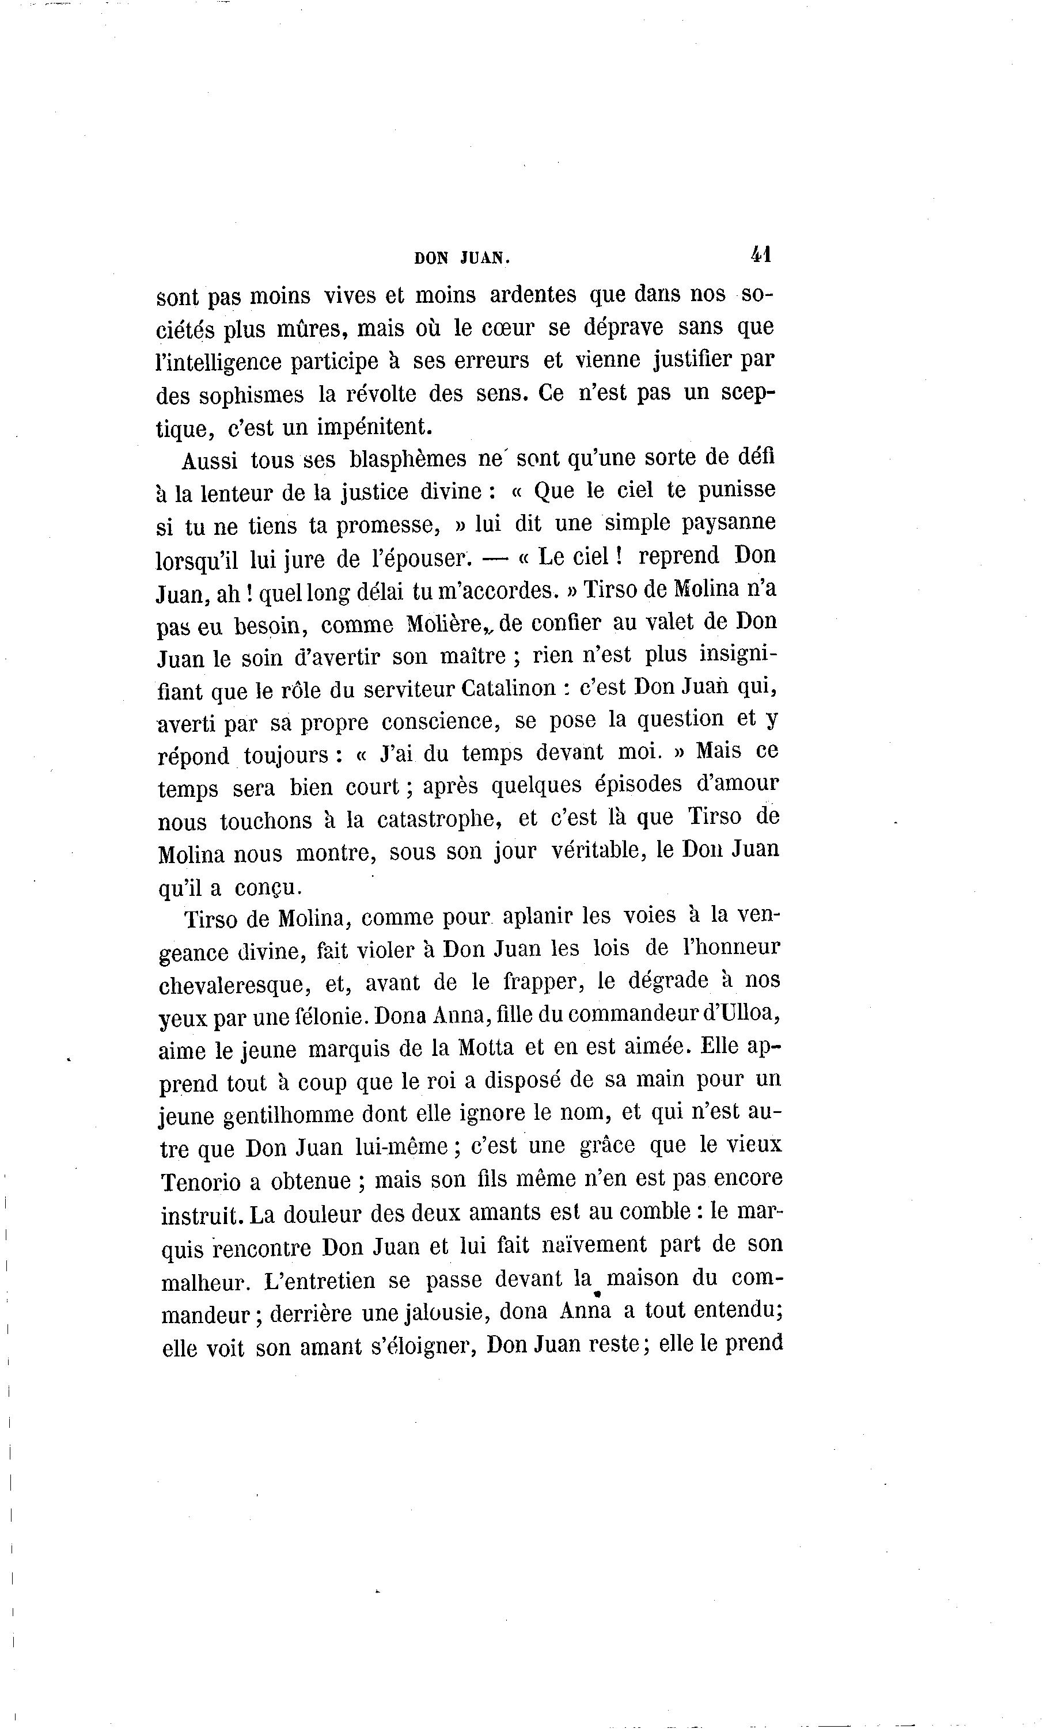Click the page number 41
761,253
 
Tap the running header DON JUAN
462,258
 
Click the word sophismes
251,396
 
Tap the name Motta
485,1048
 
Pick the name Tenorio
201,1181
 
